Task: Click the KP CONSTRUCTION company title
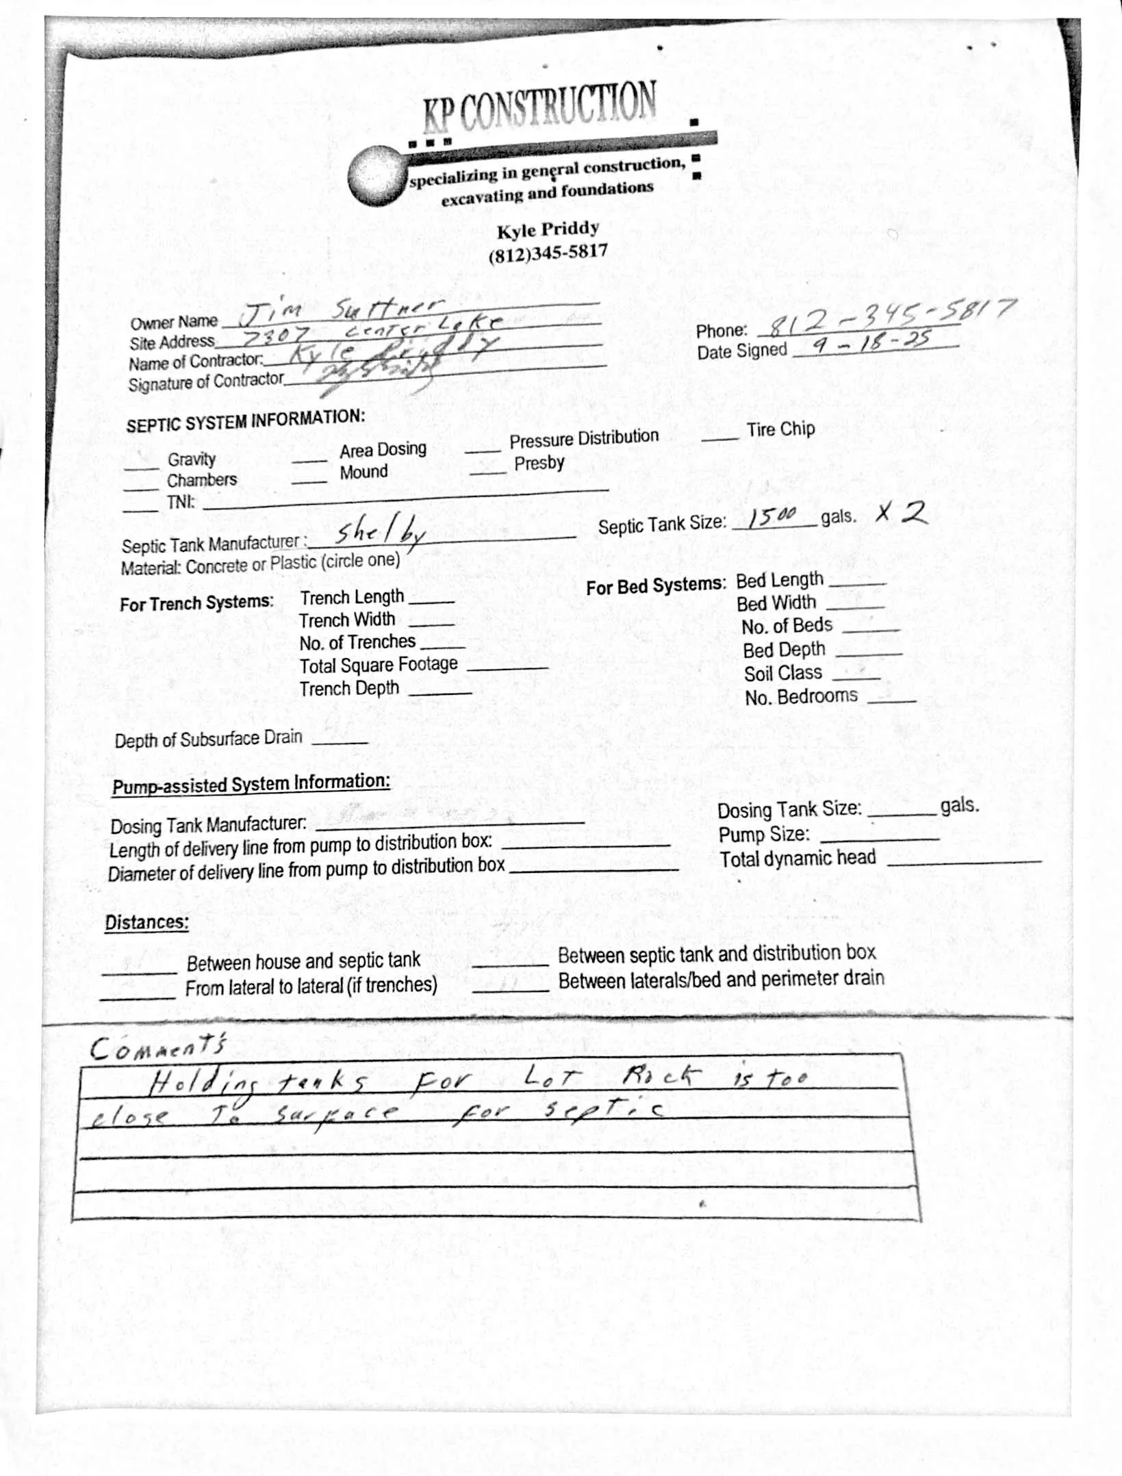point(539,106)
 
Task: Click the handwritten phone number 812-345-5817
point(890,318)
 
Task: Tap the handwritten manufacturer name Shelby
point(381,532)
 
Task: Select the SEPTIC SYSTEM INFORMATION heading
point(245,420)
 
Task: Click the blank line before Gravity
point(141,468)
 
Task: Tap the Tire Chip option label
point(780,429)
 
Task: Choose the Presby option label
point(539,463)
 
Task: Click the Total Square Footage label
point(379,665)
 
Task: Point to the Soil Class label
point(782,674)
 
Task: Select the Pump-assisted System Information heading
point(251,784)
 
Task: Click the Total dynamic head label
point(798,858)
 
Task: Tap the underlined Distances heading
point(146,922)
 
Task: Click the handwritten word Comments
point(157,1047)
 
